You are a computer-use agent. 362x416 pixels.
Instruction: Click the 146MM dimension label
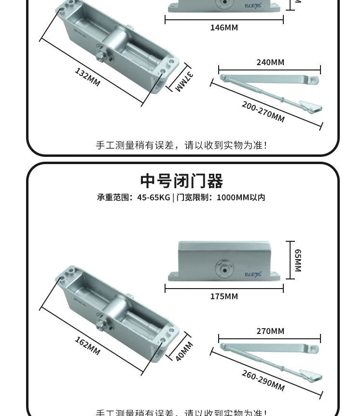[224, 28]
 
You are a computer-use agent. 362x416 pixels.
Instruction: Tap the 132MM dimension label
[87, 77]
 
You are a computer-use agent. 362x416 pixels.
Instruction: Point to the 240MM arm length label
[270, 62]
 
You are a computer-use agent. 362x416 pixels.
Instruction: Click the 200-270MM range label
[263, 112]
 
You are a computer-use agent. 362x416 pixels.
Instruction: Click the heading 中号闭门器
[181, 181]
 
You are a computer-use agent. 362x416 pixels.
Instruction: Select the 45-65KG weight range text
[153, 197]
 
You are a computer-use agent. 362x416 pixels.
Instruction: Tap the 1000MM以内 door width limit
[241, 197]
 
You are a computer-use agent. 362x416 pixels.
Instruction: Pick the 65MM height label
[298, 260]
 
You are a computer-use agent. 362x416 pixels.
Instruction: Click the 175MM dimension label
[224, 296]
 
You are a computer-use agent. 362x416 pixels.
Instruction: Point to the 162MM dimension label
[87, 346]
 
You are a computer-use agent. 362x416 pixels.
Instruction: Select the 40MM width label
[184, 351]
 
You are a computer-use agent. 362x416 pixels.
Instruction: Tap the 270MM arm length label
[270, 331]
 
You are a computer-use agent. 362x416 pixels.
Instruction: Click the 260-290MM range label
[263, 381]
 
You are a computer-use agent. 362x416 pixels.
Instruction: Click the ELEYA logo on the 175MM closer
[252, 274]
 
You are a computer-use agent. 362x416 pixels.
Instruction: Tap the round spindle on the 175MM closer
[223, 267]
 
